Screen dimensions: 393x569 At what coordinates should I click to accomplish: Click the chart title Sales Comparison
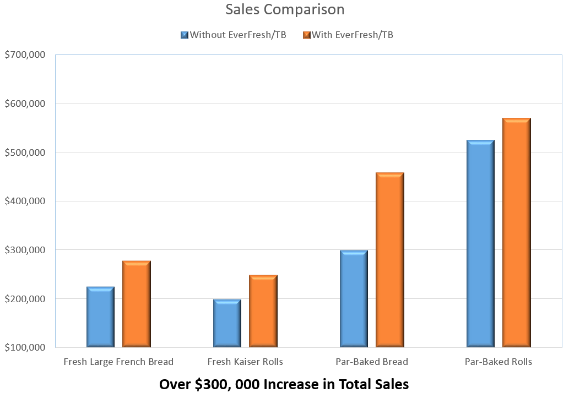285,9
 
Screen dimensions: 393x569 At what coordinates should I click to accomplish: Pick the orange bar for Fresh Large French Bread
137,304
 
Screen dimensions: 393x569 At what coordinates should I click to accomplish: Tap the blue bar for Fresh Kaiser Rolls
227,324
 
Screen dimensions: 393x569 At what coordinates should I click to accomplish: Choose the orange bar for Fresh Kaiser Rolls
263,311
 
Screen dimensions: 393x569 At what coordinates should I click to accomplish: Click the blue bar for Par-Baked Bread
354,299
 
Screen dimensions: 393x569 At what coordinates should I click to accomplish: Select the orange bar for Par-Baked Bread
390,260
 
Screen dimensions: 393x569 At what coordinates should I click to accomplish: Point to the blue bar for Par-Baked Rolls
480,244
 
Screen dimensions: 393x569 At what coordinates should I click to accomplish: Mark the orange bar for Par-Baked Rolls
517,232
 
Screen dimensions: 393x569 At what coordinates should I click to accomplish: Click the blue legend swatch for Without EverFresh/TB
185,35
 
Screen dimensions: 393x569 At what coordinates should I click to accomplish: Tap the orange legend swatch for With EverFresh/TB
307,35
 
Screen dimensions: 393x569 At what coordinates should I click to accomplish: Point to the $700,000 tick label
25,54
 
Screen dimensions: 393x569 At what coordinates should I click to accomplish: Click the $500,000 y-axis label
25,152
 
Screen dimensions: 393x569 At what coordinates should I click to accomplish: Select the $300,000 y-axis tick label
25,250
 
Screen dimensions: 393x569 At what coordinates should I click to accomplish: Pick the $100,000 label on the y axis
25,347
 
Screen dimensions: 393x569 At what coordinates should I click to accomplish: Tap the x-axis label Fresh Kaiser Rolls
245,362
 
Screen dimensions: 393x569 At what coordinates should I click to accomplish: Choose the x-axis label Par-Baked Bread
372,362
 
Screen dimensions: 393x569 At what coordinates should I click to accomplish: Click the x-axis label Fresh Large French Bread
118,362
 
